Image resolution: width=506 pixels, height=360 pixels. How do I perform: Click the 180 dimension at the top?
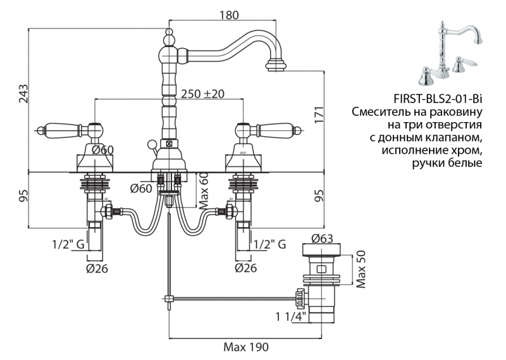pos(229,15)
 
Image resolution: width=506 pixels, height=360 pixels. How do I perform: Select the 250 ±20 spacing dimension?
pos(203,94)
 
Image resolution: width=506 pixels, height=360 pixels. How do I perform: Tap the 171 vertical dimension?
pos(321,115)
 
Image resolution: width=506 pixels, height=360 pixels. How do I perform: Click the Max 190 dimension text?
pos(246,347)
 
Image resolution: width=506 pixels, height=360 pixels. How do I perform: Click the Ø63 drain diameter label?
pos(323,239)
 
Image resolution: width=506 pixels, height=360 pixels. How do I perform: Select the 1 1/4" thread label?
pos(291,316)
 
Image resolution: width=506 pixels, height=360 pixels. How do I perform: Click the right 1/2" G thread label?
pos(269,244)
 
